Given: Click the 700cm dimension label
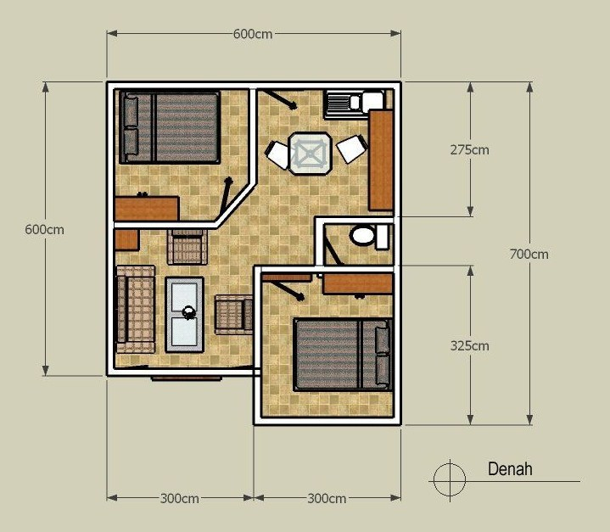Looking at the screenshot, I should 529,254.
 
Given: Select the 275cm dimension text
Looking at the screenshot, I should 469,150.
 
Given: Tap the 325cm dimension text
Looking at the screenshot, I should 469,346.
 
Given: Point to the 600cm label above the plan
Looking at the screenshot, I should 254,34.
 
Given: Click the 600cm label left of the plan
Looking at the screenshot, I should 44,229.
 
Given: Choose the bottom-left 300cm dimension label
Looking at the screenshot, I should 179,498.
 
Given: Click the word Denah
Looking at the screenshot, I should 510,469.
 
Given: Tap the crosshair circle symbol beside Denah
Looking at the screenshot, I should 449,479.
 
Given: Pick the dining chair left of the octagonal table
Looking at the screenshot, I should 277,154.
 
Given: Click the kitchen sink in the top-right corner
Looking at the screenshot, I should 343,104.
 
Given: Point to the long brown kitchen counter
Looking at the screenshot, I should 380,160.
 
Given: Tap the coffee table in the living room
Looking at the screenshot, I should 185,313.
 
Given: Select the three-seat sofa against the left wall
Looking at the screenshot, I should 135,309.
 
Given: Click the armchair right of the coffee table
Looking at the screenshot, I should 233,313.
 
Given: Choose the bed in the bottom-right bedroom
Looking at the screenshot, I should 343,354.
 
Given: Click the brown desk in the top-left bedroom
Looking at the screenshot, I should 147,207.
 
